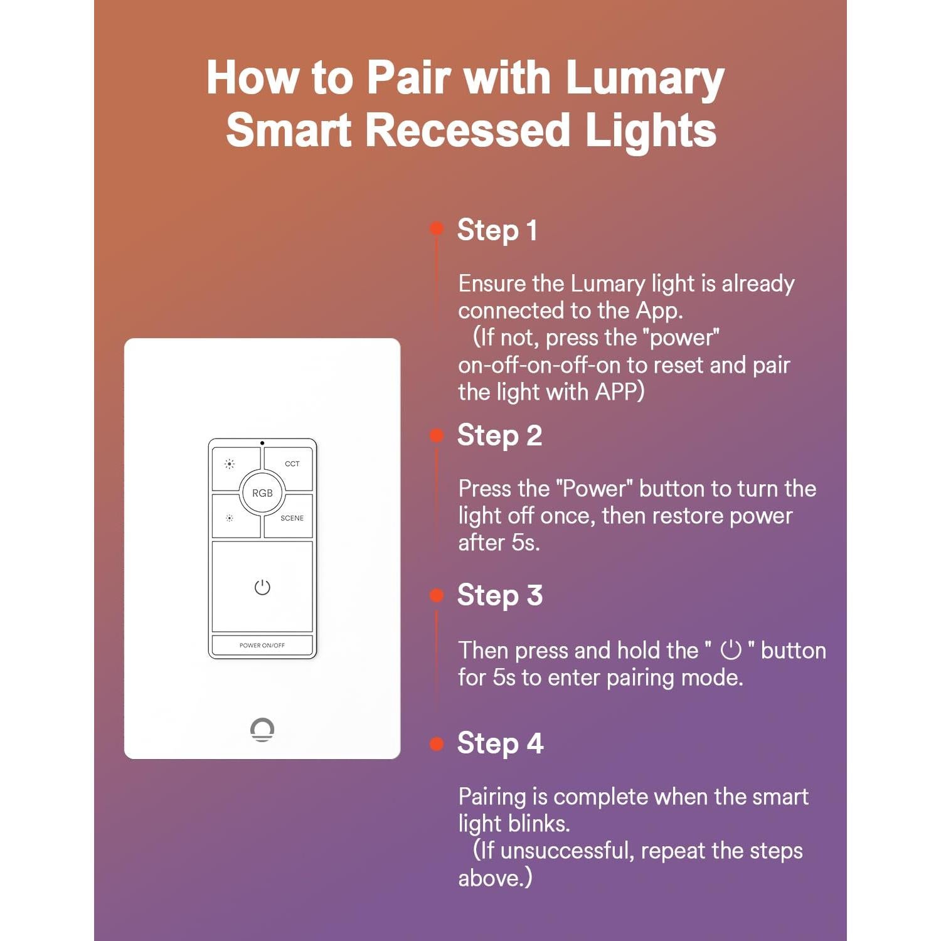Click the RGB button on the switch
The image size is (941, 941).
click(262, 493)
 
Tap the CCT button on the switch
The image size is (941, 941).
click(292, 464)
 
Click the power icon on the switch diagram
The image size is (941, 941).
click(262, 587)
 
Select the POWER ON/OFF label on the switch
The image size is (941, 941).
click(262, 645)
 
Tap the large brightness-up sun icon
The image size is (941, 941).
click(230, 464)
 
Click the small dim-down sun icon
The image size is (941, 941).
click(230, 518)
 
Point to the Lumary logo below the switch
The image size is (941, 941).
click(262, 730)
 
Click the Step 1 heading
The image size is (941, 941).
click(497, 230)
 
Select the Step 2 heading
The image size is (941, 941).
click(499, 435)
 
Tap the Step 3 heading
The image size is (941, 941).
click(499, 595)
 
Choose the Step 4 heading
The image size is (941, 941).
click(500, 743)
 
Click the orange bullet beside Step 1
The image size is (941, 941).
click(437, 228)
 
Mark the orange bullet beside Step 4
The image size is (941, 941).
click(437, 744)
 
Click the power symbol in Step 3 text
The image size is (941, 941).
click(731, 650)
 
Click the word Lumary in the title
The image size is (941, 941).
click(644, 78)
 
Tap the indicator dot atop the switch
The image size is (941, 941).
click(262, 444)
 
